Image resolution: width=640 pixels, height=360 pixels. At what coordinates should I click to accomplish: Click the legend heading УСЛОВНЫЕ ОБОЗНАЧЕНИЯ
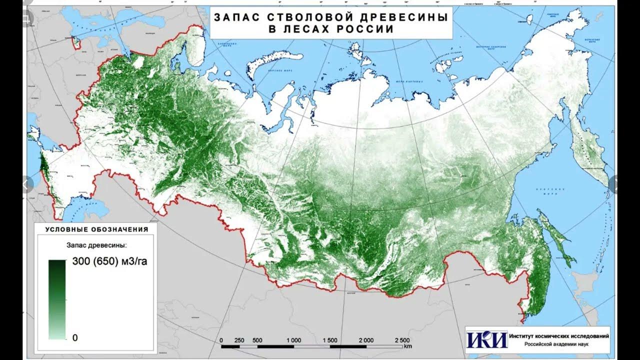click(96, 229)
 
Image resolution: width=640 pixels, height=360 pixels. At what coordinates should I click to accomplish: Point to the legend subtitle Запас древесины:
click(96, 245)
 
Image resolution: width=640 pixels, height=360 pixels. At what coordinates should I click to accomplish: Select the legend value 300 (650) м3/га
click(109, 260)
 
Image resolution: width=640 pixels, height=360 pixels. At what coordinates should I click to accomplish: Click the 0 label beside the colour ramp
click(75, 337)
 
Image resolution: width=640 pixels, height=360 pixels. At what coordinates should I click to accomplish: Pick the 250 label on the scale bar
click(239, 340)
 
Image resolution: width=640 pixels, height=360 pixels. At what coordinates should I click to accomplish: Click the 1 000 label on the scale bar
click(293, 340)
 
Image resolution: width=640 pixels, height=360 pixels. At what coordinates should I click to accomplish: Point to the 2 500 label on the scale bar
click(402, 340)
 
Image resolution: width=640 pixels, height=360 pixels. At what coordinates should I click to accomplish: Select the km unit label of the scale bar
click(408, 346)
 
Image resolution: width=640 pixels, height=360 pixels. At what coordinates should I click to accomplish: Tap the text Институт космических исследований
click(558, 336)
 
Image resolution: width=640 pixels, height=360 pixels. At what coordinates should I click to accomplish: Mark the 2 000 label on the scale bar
click(366, 340)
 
